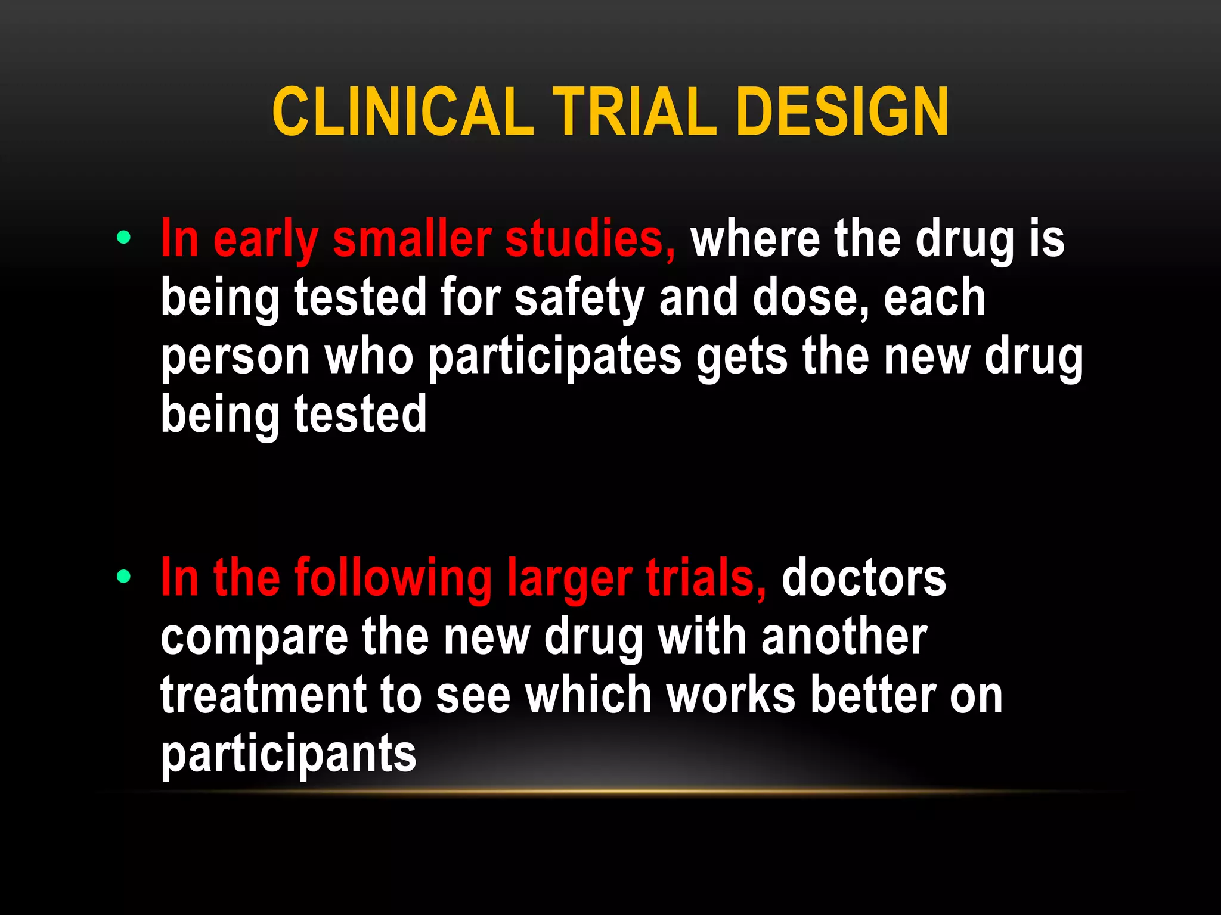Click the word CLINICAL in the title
tap(402, 111)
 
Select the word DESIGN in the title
tap(842, 111)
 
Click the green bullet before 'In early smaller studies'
tap(124, 238)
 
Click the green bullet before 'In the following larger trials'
tap(124, 576)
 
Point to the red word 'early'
tap(265, 241)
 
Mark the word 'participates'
tap(554, 359)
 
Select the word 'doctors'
tap(864, 578)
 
